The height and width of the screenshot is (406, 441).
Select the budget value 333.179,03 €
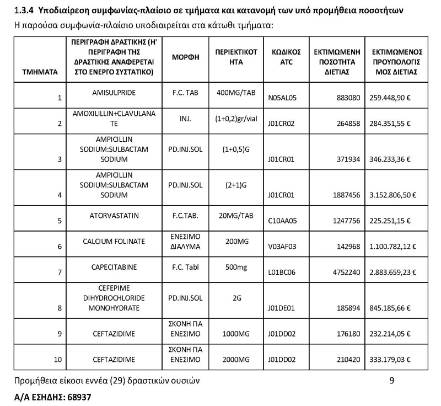click(392, 360)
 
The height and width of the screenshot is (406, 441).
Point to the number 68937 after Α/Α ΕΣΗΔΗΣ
click(78, 397)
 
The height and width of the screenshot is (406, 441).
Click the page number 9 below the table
click(391, 380)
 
